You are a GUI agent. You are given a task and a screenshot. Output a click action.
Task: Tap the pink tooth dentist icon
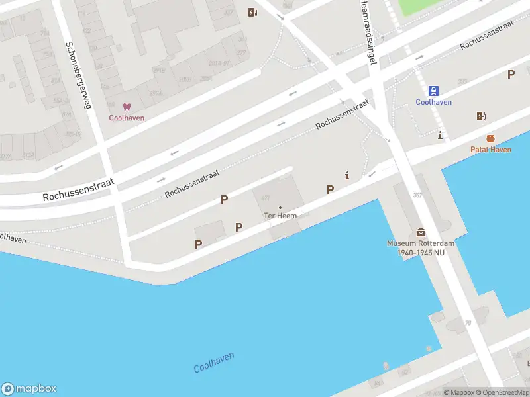[127, 107]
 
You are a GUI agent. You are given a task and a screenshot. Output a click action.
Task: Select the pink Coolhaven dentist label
[127, 118]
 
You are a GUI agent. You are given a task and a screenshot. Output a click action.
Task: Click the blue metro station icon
[433, 91]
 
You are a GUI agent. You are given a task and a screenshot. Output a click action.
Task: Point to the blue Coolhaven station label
[433, 102]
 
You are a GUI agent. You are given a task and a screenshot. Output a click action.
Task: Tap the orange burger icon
[490, 138]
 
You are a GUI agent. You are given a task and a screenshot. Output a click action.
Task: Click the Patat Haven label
[491, 150]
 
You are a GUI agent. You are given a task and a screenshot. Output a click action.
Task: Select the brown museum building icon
[421, 232]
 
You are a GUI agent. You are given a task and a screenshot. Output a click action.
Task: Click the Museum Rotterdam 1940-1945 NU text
[421, 248]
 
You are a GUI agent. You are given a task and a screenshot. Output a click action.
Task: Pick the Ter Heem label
[280, 216]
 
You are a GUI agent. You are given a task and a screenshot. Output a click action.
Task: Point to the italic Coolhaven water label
[214, 362]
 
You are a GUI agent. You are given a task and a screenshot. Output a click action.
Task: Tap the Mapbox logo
[29, 389]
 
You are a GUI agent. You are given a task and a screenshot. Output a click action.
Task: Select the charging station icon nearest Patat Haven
[481, 116]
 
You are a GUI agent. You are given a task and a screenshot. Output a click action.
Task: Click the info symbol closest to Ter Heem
[347, 175]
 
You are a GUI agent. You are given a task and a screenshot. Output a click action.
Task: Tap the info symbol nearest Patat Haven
[440, 135]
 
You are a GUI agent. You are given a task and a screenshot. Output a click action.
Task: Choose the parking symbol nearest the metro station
[511, 75]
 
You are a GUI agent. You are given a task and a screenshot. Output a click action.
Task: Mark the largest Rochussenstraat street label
[79, 189]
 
